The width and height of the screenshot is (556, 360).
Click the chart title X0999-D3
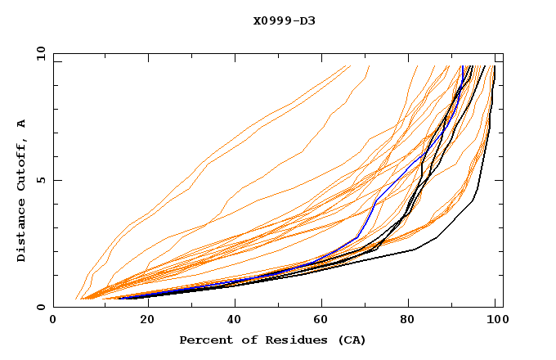click(285, 20)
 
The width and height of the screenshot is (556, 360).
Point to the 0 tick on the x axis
click(53, 321)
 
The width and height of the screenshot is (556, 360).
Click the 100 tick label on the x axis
click(495, 321)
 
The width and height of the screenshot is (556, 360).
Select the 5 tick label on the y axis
click(43, 180)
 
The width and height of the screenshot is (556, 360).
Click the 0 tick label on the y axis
click(43, 308)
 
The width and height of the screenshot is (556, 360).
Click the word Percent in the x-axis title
click(202, 340)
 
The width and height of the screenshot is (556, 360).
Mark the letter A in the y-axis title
click(21, 124)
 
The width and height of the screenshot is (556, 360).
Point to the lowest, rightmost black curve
click(458, 225)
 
